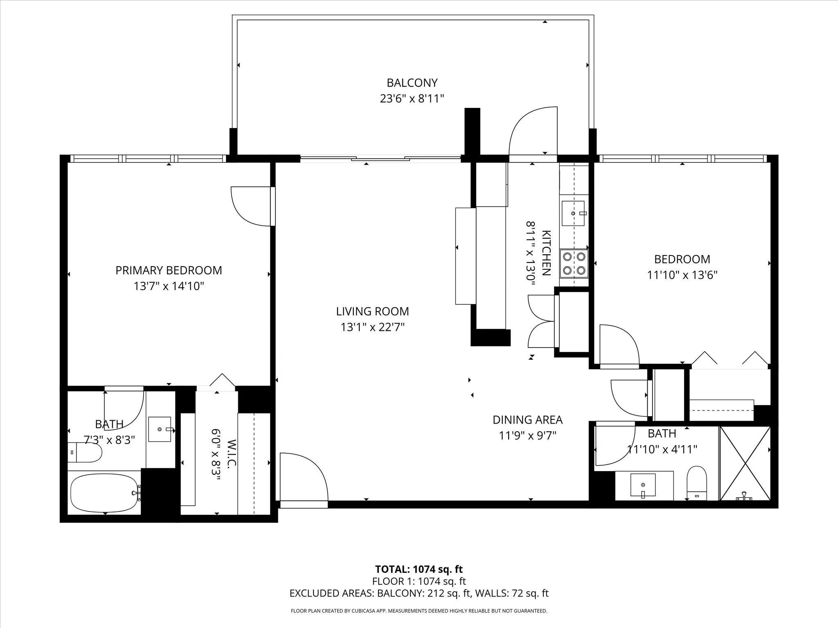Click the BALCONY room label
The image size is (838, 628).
412,83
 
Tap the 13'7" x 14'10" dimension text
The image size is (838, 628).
169,286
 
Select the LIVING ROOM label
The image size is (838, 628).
372,312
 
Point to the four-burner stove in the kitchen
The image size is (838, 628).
574,263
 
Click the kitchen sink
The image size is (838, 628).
573,213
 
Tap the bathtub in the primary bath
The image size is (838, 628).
105,493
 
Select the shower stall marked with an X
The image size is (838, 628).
745,463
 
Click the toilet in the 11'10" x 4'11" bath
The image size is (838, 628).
697,483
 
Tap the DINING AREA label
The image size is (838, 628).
527,420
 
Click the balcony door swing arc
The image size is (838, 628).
532,131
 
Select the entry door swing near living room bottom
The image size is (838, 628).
304,476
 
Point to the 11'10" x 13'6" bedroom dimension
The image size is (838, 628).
682,275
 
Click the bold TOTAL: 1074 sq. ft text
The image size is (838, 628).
419,569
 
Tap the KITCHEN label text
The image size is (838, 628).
546,253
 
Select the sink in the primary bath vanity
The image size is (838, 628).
160,429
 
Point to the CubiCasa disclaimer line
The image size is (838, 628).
419,611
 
